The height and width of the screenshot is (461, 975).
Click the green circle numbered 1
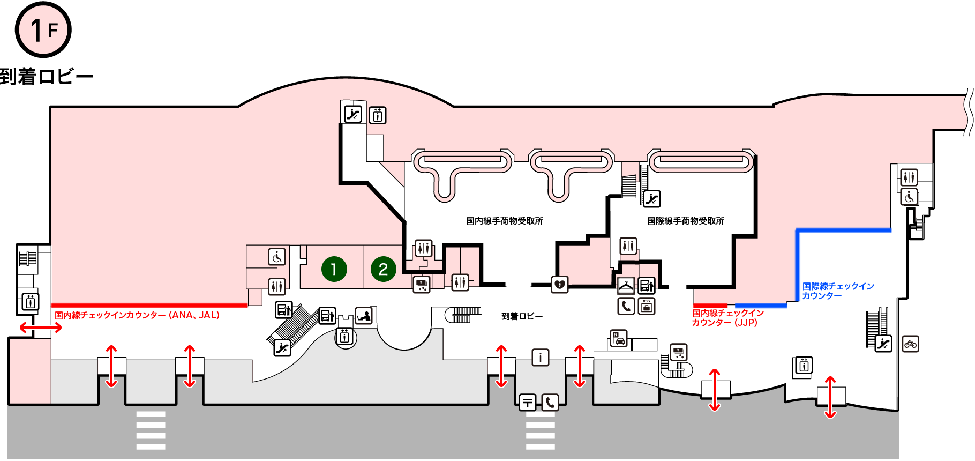pos(334,269)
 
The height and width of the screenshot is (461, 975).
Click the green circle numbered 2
pos(383,269)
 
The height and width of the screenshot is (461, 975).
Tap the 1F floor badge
pos(43,29)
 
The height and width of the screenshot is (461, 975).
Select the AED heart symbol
pos(560,285)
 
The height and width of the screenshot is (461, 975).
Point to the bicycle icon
pos(910,344)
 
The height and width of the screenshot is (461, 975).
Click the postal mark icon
pos(528,402)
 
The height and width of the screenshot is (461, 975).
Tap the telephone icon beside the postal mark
pos(550,402)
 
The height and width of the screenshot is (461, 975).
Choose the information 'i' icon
pos(541,357)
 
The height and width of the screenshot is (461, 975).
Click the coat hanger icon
pos(626,285)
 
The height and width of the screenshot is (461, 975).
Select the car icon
pos(619,339)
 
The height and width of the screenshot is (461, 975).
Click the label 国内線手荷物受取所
pos(505,221)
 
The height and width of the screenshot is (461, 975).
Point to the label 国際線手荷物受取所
pos(686,221)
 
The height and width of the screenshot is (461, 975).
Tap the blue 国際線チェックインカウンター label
pos(838,291)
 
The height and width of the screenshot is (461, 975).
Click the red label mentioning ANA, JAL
pos(137,315)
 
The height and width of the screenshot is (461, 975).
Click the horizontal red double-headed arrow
pos(41,328)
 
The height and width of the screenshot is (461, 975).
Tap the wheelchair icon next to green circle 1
pos(277,257)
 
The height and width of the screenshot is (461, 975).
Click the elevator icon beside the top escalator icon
pos(378,115)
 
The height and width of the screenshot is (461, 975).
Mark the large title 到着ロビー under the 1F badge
pos(47,77)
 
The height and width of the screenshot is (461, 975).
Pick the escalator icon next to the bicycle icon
pos(883,344)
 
